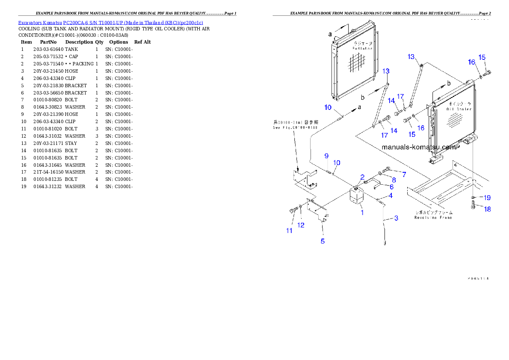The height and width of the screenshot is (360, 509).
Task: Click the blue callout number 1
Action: click(x=362, y=212)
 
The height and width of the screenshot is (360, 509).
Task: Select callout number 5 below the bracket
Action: click(x=323, y=241)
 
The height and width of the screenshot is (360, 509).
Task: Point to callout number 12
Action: click(x=301, y=225)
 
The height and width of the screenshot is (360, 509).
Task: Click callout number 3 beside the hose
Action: click(x=396, y=218)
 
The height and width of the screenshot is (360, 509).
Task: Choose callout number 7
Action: click(x=403, y=174)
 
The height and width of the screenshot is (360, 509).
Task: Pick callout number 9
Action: click(x=326, y=156)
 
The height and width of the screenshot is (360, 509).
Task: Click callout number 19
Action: click(x=487, y=198)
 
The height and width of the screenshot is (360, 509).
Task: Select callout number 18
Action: click(x=487, y=209)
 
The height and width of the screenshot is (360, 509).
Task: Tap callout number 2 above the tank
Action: click(x=362, y=177)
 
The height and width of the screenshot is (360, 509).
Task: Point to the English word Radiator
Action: click(x=362, y=49)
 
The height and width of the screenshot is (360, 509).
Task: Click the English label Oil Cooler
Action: click(x=459, y=109)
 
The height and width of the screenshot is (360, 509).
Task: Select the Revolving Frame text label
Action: click(x=433, y=217)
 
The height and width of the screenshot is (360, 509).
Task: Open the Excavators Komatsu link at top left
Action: click(x=110, y=22)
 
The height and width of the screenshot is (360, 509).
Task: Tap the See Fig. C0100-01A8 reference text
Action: click(x=295, y=127)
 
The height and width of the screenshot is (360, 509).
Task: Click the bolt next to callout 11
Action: click(x=293, y=210)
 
